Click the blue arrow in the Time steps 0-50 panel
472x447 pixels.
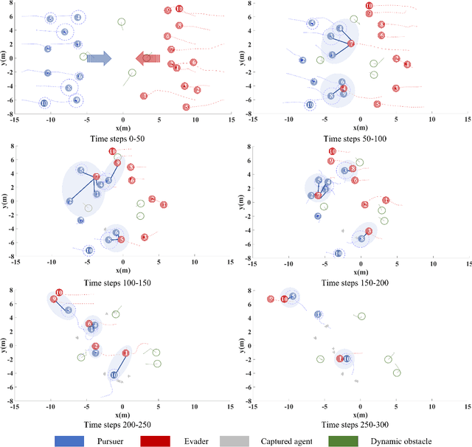[99, 58]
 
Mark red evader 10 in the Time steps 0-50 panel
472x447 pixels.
[179, 9]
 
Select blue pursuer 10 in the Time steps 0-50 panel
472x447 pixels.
[44, 103]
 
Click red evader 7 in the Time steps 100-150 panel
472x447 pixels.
[97, 176]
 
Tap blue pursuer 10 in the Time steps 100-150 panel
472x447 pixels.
[89, 250]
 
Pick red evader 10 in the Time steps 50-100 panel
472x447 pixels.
[369, 6]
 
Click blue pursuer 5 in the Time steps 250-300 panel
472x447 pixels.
[293, 297]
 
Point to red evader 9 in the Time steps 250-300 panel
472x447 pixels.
[271, 299]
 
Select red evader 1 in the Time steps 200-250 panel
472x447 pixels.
[125, 353]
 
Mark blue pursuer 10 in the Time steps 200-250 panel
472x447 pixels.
[114, 375]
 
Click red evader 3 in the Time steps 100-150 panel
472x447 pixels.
[145, 238]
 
